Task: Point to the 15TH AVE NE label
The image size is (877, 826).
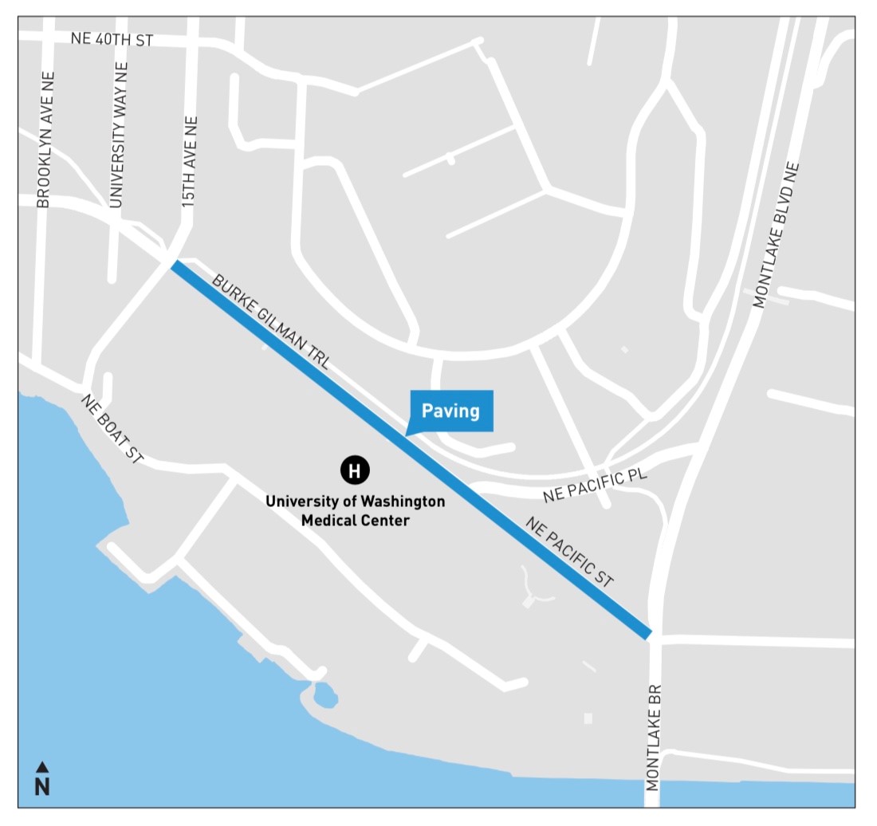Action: pos(189,163)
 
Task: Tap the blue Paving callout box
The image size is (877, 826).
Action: pos(450,411)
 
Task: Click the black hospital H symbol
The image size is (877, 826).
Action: pos(355,470)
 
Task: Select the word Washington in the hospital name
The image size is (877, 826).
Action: pos(403,502)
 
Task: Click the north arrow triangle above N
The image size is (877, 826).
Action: pos(42,767)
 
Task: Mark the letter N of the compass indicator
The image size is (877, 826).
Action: pos(42,786)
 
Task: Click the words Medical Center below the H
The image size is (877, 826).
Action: pos(355,521)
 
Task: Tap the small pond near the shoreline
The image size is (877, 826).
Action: pos(324,696)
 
